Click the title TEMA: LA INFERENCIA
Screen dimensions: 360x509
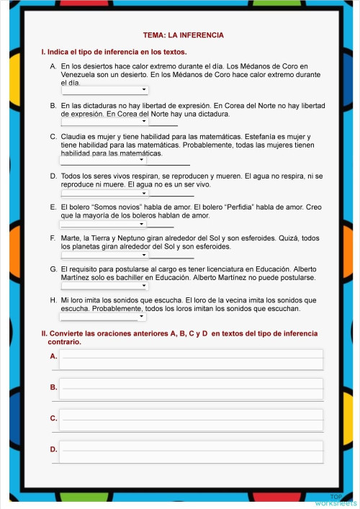[184, 35]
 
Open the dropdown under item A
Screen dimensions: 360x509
[105, 90]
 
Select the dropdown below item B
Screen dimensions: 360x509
[105, 121]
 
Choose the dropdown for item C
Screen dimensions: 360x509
[104, 160]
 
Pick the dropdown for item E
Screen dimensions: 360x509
[104, 223]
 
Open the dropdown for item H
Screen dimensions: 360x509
[104, 316]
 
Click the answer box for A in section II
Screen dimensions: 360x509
[191, 358]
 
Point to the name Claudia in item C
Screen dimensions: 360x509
[74, 137]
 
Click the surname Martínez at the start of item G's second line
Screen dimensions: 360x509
[76, 277]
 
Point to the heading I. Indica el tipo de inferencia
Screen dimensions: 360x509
[114, 52]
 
